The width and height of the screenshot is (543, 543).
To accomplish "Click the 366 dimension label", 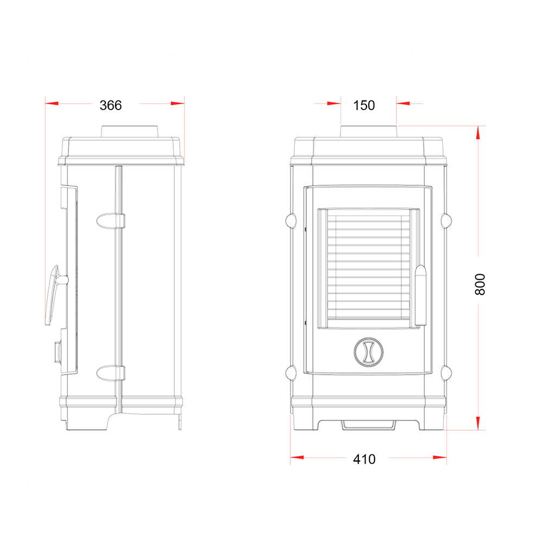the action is (110, 105).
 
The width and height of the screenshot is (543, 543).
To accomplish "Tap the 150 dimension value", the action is (364, 105).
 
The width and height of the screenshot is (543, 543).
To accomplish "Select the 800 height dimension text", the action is (480, 285).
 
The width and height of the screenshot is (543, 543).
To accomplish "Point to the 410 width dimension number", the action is (364, 459).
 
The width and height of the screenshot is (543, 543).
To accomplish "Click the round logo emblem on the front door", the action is (369, 352).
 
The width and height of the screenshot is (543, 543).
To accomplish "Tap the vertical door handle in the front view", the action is (420, 295).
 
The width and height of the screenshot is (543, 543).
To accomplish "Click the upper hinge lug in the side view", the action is (110, 221).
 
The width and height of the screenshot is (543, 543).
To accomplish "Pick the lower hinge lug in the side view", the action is (110, 373).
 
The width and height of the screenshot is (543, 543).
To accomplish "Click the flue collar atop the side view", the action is (130, 131).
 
